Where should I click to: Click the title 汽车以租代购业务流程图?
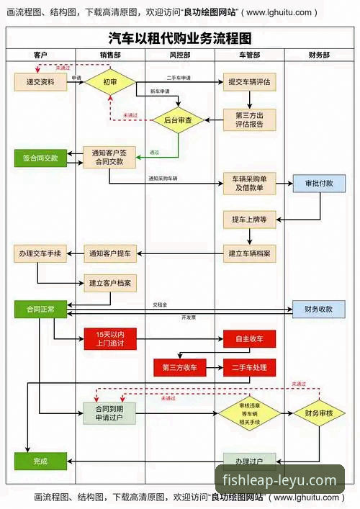(x=180, y=38)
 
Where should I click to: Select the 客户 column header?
(x=40, y=55)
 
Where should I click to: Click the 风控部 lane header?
(x=179, y=55)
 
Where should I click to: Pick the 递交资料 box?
(x=40, y=82)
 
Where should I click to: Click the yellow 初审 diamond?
(x=109, y=82)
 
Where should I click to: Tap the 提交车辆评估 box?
(x=249, y=82)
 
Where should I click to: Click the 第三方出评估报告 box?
(x=249, y=119)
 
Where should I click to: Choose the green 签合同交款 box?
(x=40, y=157)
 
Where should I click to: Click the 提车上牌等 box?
(x=249, y=219)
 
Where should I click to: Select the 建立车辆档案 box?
(x=249, y=253)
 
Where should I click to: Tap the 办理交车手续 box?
(x=40, y=253)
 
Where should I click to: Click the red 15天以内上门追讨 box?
(x=109, y=338)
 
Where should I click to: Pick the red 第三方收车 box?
(x=179, y=367)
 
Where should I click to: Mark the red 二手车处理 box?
(x=249, y=367)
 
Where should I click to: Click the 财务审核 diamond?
(x=319, y=413)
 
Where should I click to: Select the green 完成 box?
(x=40, y=461)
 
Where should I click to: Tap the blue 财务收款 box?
(x=319, y=309)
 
